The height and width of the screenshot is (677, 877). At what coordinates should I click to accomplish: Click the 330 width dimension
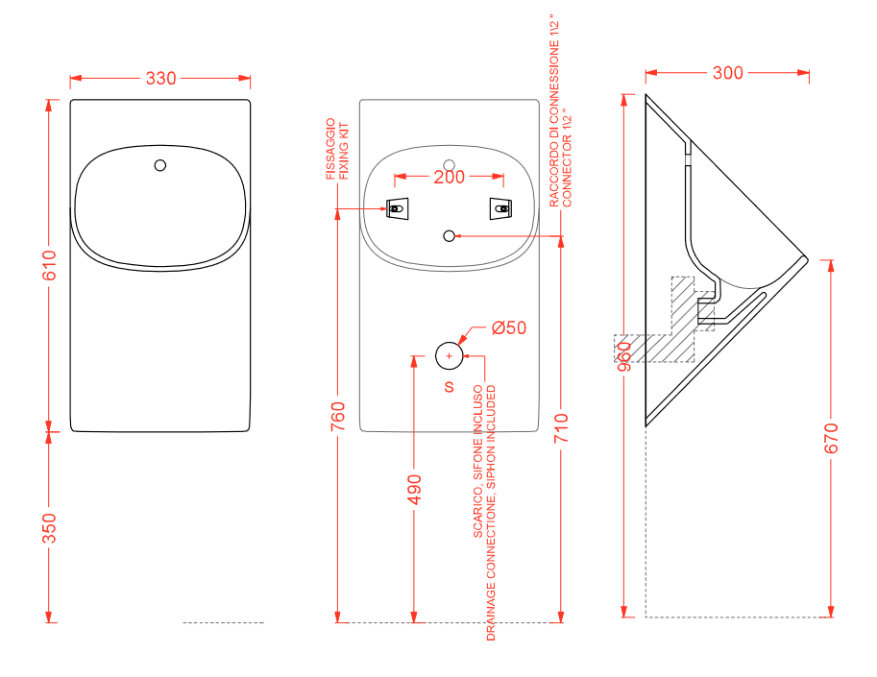point(160,79)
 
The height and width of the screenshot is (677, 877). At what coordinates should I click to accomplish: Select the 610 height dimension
point(49,266)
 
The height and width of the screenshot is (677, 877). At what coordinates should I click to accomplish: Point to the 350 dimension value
point(49,528)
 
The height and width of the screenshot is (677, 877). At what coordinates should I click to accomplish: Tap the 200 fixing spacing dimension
point(449,177)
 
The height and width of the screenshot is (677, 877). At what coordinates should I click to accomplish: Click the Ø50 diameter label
point(508,327)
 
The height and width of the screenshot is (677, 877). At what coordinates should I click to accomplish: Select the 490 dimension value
point(414,490)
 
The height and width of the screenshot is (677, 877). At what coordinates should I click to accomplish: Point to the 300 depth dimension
point(727,73)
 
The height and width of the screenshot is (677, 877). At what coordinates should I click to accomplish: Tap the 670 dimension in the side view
point(832,437)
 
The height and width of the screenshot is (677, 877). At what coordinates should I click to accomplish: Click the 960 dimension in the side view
point(624,355)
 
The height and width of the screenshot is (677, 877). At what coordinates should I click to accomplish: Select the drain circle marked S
point(449,355)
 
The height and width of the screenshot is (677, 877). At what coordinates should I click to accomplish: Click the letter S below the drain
point(449,387)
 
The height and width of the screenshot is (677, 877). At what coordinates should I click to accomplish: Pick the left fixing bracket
point(397,207)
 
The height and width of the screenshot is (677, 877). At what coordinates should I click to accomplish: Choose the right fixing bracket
point(500,207)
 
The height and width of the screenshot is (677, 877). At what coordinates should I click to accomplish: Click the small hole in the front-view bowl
point(161,164)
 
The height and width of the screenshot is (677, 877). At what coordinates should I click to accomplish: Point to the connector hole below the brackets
point(449,235)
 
